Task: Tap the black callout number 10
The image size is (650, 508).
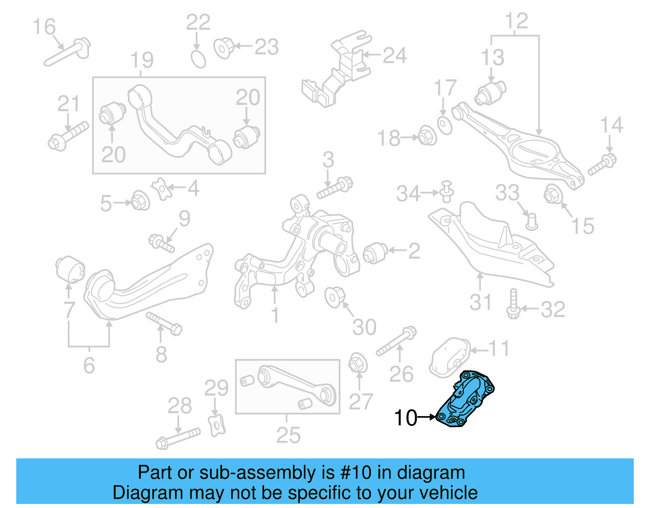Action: tap(405, 418)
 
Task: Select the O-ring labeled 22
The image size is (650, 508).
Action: tap(198, 59)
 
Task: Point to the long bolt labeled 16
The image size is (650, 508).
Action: tap(67, 52)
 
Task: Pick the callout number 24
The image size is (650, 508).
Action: tap(394, 56)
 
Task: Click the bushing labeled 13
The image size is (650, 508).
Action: tap(490, 93)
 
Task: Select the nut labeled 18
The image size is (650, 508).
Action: tap(427, 136)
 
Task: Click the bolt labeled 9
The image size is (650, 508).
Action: tap(162, 243)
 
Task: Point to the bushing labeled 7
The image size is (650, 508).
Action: tap(70, 269)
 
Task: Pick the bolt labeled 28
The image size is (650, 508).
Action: tap(178, 438)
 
